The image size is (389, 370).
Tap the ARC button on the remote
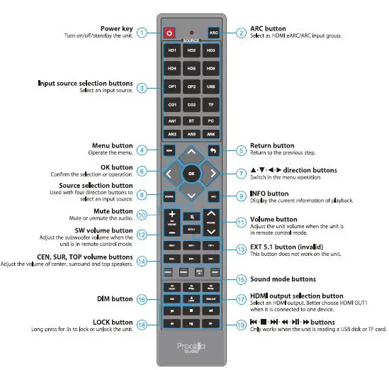point(213,33)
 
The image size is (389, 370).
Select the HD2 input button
point(192,51)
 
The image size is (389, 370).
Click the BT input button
point(192,121)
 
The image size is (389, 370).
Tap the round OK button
point(191,172)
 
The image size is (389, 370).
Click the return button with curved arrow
point(213,150)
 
